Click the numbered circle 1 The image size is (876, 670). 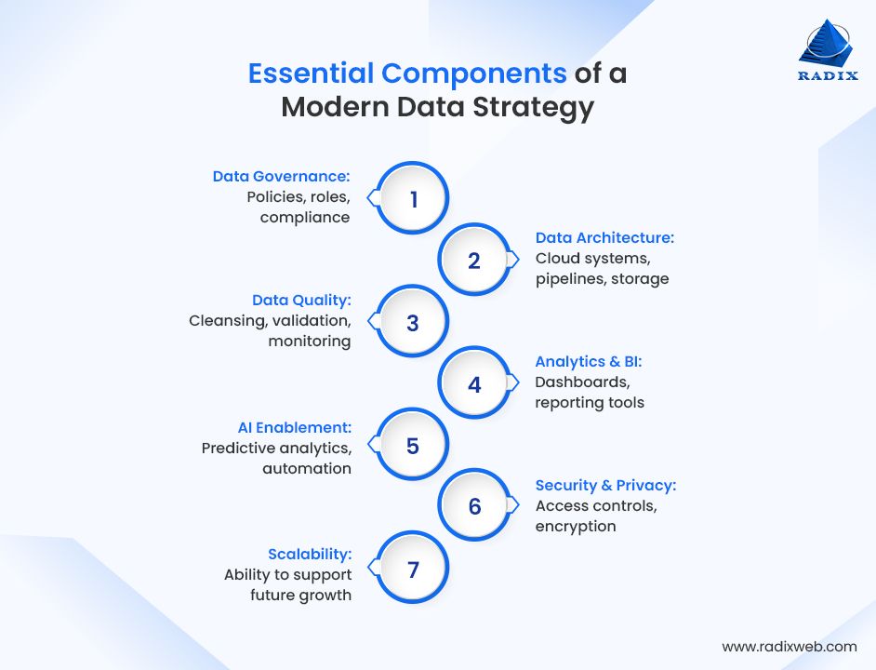pyautogui.click(x=413, y=199)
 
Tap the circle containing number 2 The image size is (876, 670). pyautogui.click(x=474, y=261)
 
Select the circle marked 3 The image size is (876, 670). pyautogui.click(x=413, y=323)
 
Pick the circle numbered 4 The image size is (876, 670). pyautogui.click(x=474, y=383)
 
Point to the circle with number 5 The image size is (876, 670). pyautogui.click(x=413, y=446)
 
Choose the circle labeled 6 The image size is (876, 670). pyautogui.click(x=474, y=506)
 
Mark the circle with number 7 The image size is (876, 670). pyautogui.click(x=413, y=569)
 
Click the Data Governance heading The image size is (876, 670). pyautogui.click(x=281, y=177)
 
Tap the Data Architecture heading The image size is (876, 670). pyautogui.click(x=604, y=238)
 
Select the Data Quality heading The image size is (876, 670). pyautogui.click(x=301, y=300)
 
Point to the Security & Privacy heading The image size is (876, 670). pyautogui.click(x=605, y=485)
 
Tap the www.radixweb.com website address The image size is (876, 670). pyautogui.click(x=789, y=646)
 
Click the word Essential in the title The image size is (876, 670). pyautogui.click(x=312, y=74)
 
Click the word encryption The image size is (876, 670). pyautogui.click(x=576, y=527)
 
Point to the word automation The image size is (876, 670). pyautogui.click(x=306, y=468)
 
